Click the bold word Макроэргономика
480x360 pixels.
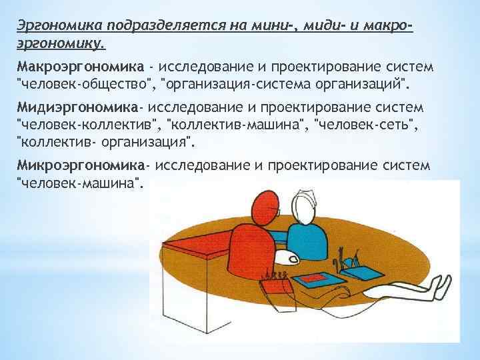(x=80, y=67)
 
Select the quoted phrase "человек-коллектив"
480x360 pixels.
(x=87, y=124)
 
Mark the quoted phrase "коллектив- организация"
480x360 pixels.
(x=106, y=141)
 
